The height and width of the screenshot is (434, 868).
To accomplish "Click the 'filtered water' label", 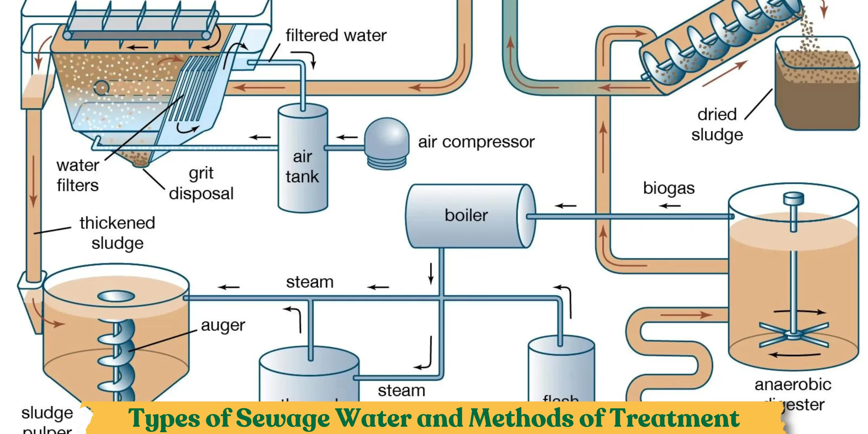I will point(336,36).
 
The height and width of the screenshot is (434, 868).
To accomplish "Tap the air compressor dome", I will point(387,136).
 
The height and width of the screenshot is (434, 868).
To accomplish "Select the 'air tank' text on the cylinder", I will point(302,167).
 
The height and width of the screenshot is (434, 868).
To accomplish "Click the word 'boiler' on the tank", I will point(466,216).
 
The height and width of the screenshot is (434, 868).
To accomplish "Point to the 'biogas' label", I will point(669,188).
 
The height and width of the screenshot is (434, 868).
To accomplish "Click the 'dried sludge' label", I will point(717,125).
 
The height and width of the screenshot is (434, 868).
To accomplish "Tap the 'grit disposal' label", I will point(201,183).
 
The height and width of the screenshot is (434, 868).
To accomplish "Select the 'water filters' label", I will point(78,176).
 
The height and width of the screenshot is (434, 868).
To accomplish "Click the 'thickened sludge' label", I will point(117,233).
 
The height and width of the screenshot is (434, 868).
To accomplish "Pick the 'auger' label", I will point(223,326).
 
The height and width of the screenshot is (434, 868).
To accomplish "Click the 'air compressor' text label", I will point(476,142).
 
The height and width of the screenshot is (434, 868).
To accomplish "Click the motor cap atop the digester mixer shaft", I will point(793,197).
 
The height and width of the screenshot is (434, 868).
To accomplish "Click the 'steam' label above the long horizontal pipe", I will point(310,282).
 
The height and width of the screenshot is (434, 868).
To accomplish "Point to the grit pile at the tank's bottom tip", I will point(140,159).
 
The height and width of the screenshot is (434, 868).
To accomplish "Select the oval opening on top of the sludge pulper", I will point(116,296).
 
